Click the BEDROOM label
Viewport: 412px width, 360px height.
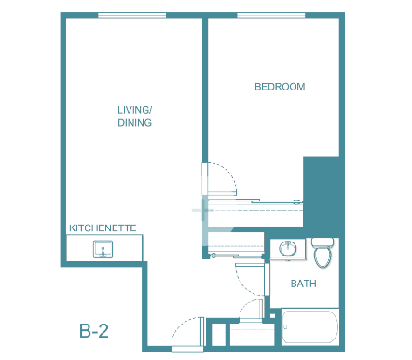(280, 87)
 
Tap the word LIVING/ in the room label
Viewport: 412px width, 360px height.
(134, 110)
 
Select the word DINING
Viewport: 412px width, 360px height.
(134, 123)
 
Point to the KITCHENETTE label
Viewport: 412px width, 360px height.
(103, 228)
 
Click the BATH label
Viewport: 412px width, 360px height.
(304, 284)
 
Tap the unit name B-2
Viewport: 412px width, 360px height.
(94, 331)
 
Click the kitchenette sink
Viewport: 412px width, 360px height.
(103, 249)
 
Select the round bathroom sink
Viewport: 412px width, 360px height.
(288, 248)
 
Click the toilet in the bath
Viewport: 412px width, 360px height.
(323, 253)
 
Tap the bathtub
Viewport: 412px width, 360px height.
(310, 326)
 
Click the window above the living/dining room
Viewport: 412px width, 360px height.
(132, 15)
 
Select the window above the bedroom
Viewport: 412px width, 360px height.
(271, 15)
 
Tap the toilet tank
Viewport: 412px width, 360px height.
(323, 242)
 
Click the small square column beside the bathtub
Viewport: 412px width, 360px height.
(272, 316)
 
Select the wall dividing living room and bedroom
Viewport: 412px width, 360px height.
(205, 90)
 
